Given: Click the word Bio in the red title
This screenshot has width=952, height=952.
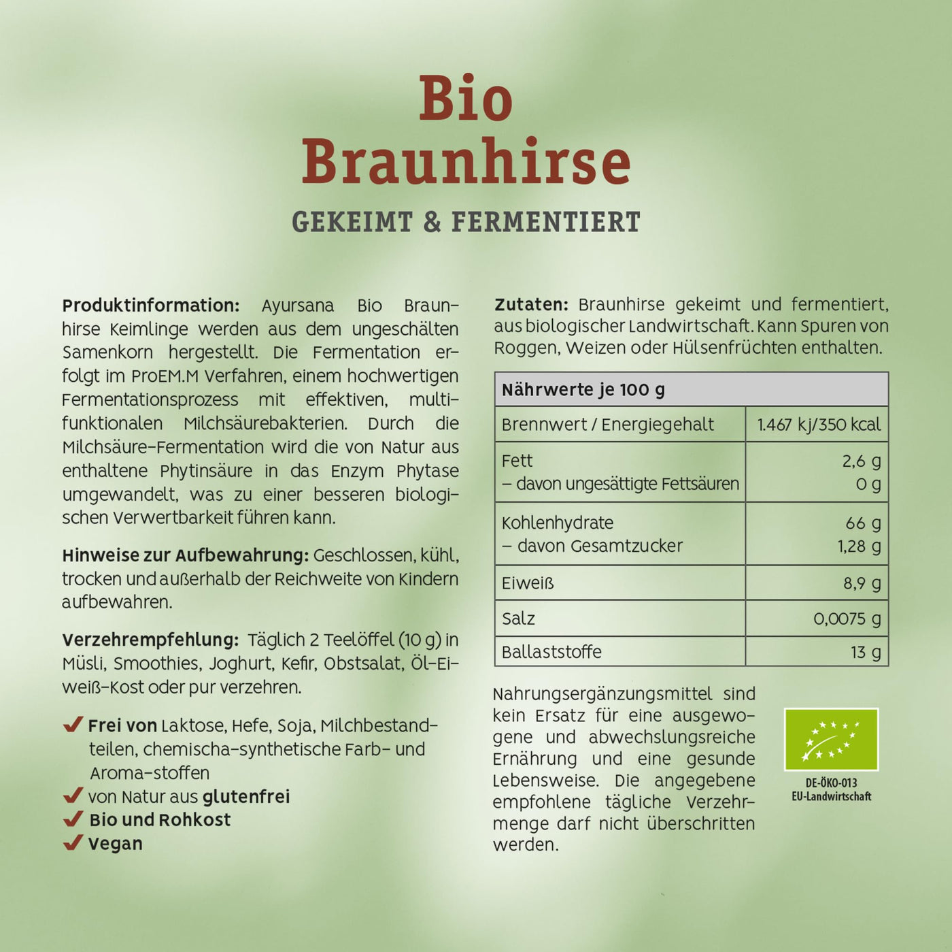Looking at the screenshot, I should pyautogui.click(x=466, y=99).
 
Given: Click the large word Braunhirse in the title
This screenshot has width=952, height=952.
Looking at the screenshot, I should pyautogui.click(x=466, y=162).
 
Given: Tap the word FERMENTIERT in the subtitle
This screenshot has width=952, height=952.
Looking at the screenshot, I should pyautogui.click(x=545, y=223).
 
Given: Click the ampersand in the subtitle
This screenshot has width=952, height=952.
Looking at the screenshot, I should pyautogui.click(x=432, y=223).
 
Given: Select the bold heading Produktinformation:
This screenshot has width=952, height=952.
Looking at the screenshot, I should pyautogui.click(x=150, y=306).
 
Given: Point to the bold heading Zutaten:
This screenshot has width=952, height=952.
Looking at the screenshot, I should pyautogui.click(x=531, y=304).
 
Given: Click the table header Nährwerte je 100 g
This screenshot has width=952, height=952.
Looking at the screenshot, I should pyautogui.click(x=583, y=390).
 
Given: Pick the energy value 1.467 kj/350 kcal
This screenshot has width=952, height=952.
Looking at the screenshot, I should pyautogui.click(x=818, y=425).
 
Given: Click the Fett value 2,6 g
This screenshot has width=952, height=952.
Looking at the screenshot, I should pyautogui.click(x=861, y=461).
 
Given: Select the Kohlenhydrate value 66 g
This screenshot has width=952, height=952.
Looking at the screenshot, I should pyautogui.click(x=862, y=523).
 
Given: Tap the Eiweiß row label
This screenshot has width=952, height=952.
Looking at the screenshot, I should pyautogui.click(x=528, y=583).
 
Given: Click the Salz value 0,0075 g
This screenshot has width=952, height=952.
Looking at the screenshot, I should pyautogui.click(x=847, y=619).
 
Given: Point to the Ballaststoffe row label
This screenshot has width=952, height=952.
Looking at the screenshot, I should pyautogui.click(x=551, y=652).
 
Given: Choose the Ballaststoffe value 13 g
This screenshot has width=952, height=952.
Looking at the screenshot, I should pyautogui.click(x=865, y=653).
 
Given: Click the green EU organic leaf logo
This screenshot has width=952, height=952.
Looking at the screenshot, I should pyautogui.click(x=831, y=740).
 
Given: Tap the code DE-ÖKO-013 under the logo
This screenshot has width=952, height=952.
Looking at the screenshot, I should pyautogui.click(x=831, y=783).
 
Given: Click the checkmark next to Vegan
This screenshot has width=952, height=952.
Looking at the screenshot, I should pyautogui.click(x=73, y=843).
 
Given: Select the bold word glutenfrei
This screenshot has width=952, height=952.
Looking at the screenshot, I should pyautogui.click(x=246, y=796).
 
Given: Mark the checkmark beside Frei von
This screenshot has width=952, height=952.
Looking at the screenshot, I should pyautogui.click(x=73, y=725).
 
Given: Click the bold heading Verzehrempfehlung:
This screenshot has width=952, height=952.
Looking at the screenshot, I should pyautogui.click(x=150, y=640).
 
